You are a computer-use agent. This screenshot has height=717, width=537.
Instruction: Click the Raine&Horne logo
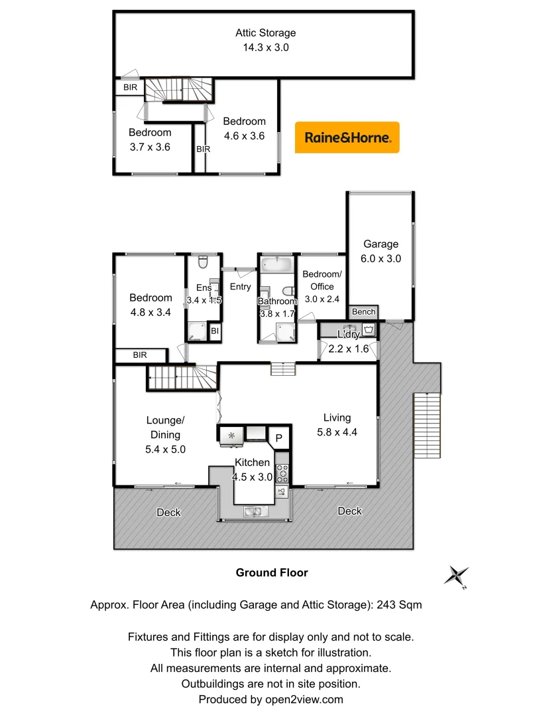(x=347, y=137)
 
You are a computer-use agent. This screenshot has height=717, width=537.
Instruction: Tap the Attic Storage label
(x=265, y=40)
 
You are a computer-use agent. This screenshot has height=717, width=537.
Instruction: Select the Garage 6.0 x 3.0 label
(x=381, y=252)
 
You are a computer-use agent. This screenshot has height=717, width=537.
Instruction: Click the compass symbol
(x=457, y=576)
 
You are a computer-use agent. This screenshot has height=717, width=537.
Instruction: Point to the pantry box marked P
(x=280, y=438)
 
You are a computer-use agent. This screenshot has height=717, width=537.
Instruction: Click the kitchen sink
(x=255, y=511)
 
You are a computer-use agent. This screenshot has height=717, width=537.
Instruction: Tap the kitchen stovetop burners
(x=282, y=472)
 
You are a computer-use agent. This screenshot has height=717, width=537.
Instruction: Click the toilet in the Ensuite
(x=204, y=261)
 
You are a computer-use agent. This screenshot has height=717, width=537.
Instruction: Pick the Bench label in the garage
(x=363, y=311)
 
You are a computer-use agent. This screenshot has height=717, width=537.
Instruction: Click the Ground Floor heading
(x=272, y=572)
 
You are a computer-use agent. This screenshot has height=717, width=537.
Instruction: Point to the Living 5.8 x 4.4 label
(x=337, y=425)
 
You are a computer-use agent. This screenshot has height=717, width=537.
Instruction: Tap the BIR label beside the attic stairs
(x=130, y=87)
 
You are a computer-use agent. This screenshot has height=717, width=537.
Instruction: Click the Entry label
(x=240, y=287)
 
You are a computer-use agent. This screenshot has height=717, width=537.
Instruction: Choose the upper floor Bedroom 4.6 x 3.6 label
(x=244, y=129)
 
